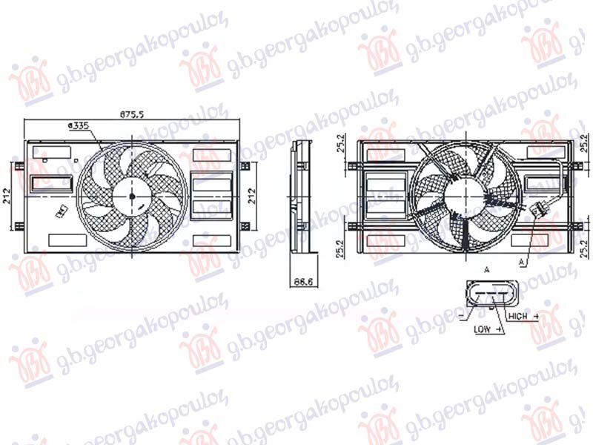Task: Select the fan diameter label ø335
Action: (x=79, y=127)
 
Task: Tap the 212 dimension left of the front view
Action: (x=7, y=197)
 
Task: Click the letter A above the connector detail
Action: (x=486, y=270)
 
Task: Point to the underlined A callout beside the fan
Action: (x=523, y=262)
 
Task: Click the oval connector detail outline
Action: (x=488, y=296)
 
